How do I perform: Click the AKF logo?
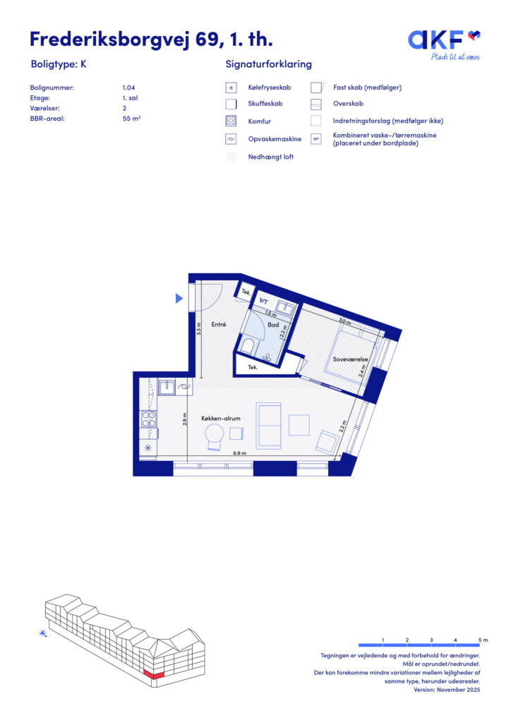(x=444, y=44)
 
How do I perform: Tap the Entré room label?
(x=218, y=325)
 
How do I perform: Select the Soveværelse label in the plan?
(x=350, y=359)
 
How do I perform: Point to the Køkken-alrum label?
(x=221, y=418)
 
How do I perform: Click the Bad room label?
(x=273, y=325)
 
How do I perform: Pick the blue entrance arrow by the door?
(x=179, y=299)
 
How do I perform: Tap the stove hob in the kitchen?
(x=148, y=419)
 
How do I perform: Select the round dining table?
(x=215, y=434)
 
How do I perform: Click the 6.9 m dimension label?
(x=239, y=453)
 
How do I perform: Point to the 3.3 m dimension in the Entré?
(x=198, y=328)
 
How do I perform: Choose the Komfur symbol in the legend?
(x=231, y=121)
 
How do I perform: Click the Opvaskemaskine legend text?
(x=275, y=139)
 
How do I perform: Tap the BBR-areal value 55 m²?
(x=131, y=119)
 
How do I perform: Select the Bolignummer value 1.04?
(x=128, y=88)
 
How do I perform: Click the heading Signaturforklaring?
(x=269, y=64)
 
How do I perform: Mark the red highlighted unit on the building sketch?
(x=153, y=674)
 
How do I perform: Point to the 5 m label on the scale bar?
(x=483, y=640)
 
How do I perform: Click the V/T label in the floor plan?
(x=263, y=301)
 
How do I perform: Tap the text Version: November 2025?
(x=447, y=690)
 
